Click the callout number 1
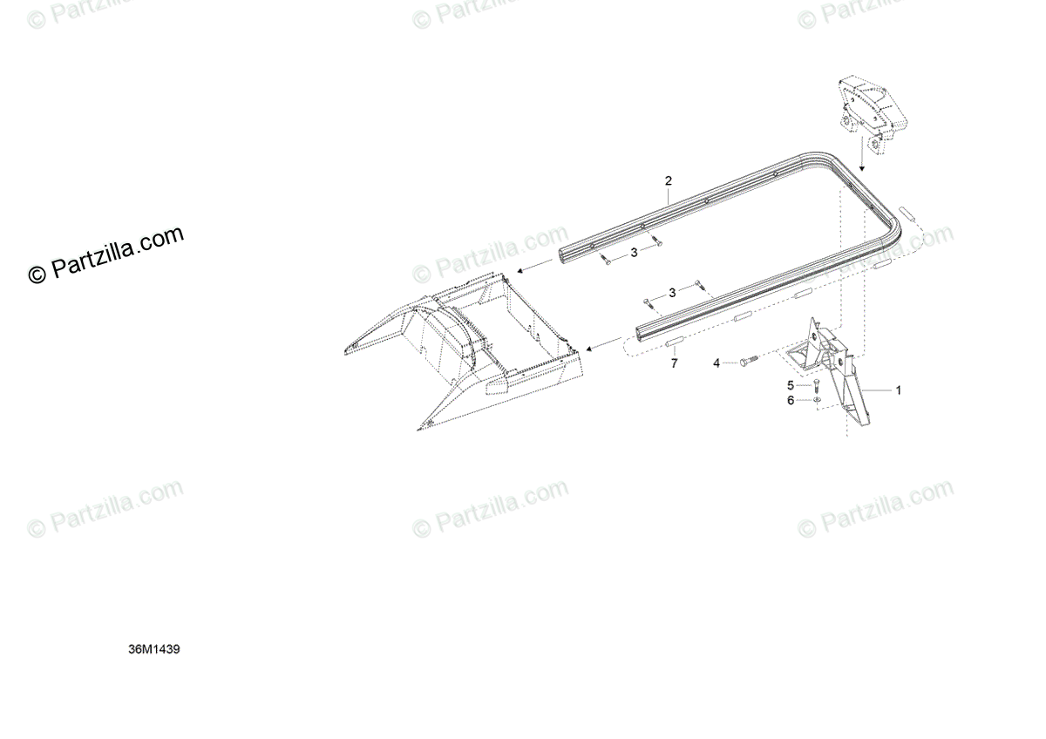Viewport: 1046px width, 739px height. pos(899,390)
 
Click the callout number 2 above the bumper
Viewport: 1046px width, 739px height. pos(669,181)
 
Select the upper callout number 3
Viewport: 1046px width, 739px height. pos(634,252)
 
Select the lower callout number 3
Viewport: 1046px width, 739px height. pos(672,292)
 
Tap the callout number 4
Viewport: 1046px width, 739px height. pos(717,362)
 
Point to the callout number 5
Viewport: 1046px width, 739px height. pos(791,384)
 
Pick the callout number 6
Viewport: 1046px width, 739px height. pos(791,400)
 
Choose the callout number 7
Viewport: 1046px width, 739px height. pos(673,363)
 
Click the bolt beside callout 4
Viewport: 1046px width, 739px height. pos(747,359)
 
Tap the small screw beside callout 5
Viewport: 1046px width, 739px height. pos(817,385)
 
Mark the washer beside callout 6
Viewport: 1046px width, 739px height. pos(817,400)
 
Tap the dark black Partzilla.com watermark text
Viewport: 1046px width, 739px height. pos(107,254)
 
